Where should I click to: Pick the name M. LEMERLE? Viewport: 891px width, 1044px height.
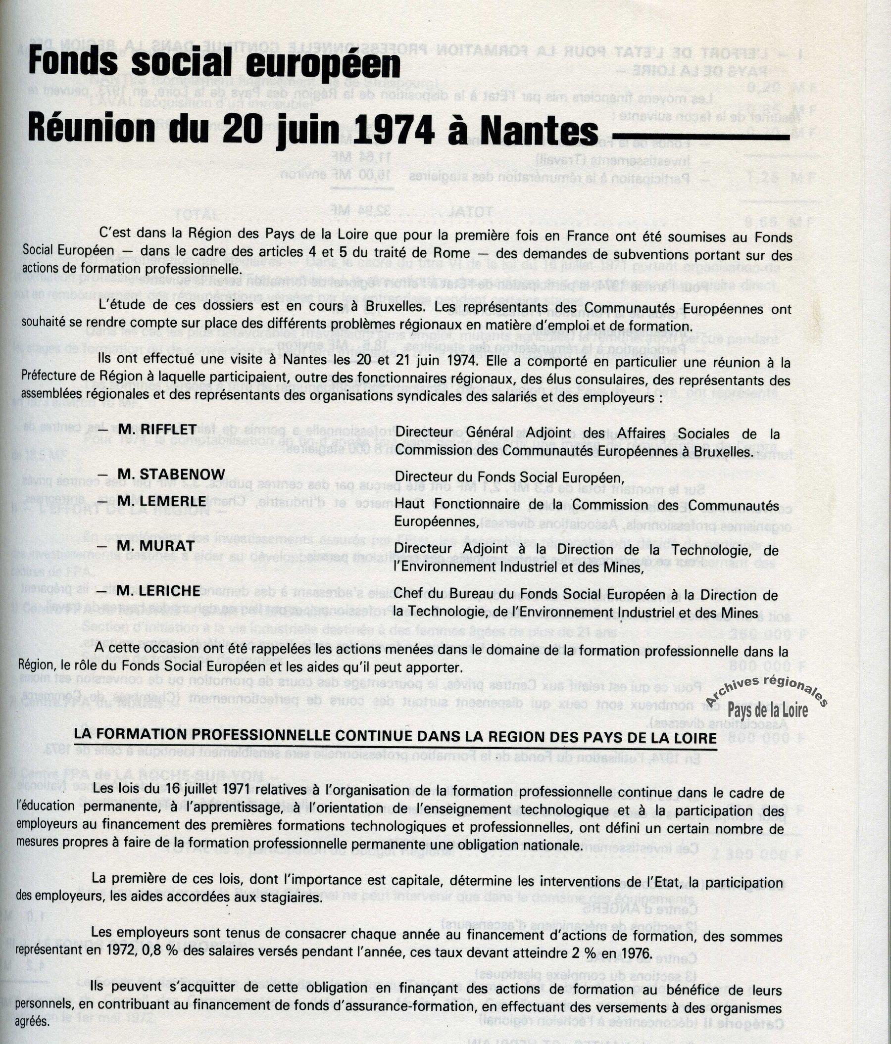161,502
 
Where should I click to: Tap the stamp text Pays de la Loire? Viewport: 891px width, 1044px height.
768,711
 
